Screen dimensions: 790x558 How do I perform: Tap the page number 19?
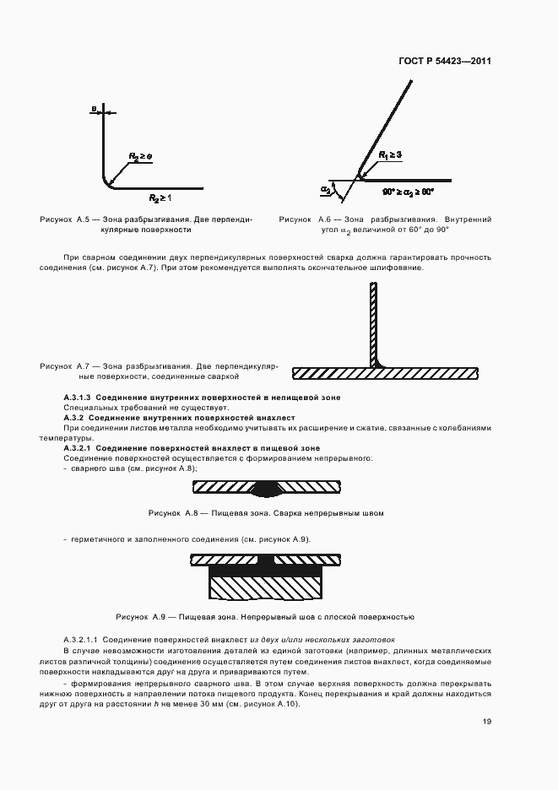487,722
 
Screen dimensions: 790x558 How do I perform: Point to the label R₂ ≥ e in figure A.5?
139,157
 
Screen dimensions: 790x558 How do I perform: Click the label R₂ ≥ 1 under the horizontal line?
160,197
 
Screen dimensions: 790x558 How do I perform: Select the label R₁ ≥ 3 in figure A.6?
390,154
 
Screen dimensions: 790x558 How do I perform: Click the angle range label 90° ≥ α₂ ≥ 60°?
407,192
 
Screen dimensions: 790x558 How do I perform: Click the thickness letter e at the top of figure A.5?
94,108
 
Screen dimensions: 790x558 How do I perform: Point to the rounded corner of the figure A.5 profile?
107,181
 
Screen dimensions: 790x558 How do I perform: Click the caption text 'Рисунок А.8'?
172,513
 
